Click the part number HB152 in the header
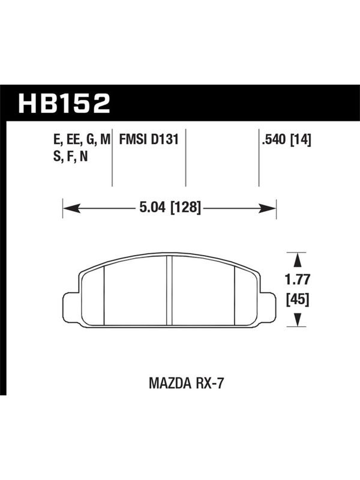point(64,103)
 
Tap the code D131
point(164,140)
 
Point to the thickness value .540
point(273,140)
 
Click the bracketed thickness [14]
point(301,140)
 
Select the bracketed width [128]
point(185,208)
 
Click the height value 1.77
point(298,280)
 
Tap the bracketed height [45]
point(298,299)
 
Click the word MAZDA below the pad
point(170,383)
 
